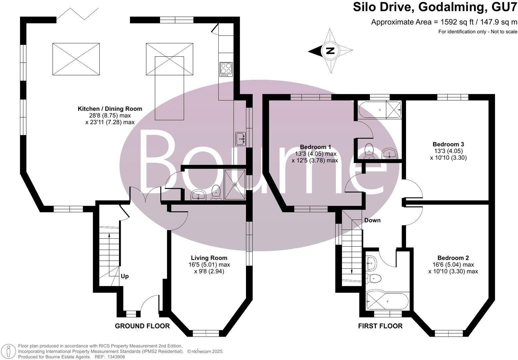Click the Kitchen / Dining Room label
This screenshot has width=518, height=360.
click(x=110, y=109)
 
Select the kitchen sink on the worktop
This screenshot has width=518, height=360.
click(x=240, y=139)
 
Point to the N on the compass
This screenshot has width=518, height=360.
click(x=330, y=51)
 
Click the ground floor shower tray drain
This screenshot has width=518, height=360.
click(x=235, y=184)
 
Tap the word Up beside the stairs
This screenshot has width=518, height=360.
click(x=125, y=276)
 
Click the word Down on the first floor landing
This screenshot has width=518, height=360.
click(x=372, y=220)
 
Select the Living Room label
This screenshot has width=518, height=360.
click(x=209, y=258)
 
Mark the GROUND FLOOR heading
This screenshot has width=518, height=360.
click(x=142, y=326)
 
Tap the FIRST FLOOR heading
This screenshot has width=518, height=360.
click(x=380, y=326)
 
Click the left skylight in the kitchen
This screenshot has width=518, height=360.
click(x=76, y=59)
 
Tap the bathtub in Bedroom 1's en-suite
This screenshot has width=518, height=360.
click(x=372, y=109)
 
